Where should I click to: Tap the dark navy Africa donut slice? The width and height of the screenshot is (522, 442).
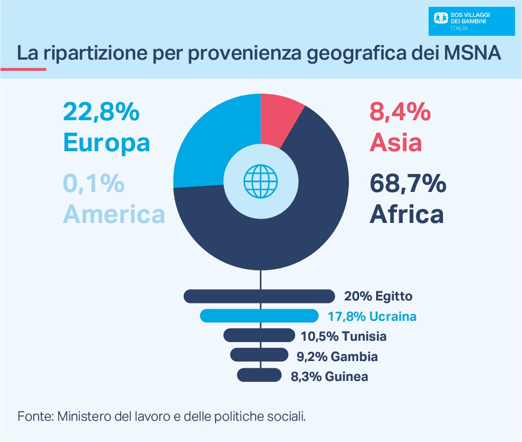point(291,228)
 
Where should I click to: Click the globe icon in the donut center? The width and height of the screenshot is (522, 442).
point(261,181)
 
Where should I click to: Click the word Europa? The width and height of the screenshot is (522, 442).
point(106,142)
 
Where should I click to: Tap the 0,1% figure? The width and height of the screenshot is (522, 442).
point(94,184)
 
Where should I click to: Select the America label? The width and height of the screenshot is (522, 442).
point(114,214)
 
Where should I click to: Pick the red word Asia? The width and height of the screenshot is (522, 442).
point(395,142)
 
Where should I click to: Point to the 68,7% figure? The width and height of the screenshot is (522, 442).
point(407,184)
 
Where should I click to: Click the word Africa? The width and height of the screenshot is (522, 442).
point(406,214)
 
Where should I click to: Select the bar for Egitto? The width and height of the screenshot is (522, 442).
point(259,296)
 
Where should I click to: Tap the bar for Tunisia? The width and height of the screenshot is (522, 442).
point(259,335)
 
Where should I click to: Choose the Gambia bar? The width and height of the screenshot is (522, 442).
point(259,355)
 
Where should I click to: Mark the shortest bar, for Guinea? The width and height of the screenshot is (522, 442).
point(259,375)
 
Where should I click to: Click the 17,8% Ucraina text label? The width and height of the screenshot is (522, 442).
point(372,316)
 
